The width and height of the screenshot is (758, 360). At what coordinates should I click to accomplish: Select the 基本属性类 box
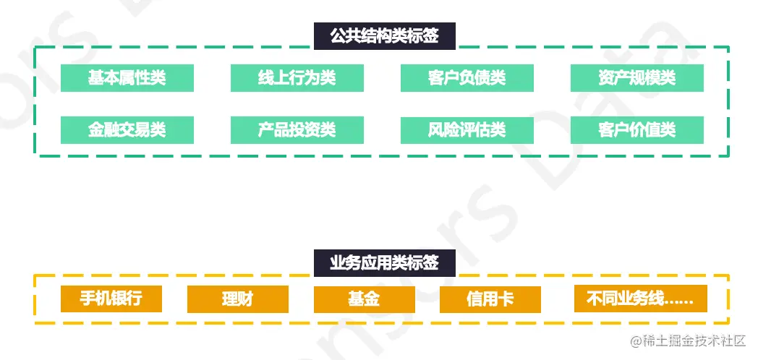pos(127,78)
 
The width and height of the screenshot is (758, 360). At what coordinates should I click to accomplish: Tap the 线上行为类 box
pos(297,78)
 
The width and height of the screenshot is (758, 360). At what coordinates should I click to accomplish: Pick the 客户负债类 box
pos(467,78)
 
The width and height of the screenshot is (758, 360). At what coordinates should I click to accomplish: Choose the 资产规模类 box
pos(637,78)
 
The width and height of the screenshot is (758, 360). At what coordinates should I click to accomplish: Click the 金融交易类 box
pos(127,130)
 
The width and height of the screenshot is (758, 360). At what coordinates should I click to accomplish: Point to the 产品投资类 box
pos(297,130)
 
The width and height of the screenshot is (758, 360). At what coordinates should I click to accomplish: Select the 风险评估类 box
pos(467,130)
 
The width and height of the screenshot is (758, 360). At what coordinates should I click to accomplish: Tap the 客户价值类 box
pos(637,130)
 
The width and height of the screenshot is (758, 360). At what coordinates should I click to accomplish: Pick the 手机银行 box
pos(111,299)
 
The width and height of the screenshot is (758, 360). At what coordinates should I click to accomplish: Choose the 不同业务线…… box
pos(640,299)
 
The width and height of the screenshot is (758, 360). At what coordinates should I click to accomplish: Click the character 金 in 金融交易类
pos(96,130)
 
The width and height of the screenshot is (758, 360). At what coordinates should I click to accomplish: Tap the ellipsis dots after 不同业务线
pos(678,301)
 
